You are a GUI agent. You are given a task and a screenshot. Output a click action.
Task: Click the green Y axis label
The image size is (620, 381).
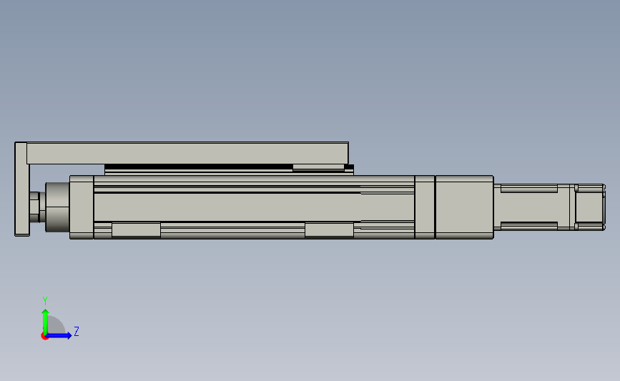45,301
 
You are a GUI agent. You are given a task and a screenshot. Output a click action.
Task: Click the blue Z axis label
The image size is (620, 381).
77,331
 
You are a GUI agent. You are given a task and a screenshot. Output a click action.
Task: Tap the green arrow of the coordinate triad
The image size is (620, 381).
45,322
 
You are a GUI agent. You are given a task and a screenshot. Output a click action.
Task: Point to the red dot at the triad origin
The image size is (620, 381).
44,336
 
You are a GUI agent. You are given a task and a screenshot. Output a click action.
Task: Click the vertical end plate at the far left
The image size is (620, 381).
21,189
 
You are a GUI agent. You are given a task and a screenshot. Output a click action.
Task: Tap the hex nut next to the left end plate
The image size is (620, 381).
34,207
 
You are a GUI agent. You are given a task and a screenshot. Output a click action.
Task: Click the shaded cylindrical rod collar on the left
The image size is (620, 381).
57,207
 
